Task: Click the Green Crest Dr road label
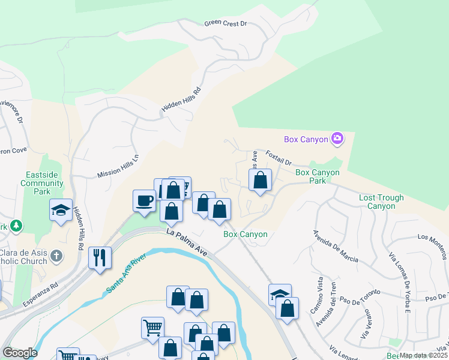tap(226, 23)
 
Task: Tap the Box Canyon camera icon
tap(337, 139)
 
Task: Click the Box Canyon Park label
tap(318, 176)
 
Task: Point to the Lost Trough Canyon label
tap(381, 202)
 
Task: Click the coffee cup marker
tap(144, 200)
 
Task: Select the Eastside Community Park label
tap(42, 183)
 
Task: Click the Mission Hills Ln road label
tap(118, 166)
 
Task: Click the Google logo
tap(20, 353)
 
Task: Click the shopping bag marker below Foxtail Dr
tap(261, 180)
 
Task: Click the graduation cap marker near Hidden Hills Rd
tap(61, 210)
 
